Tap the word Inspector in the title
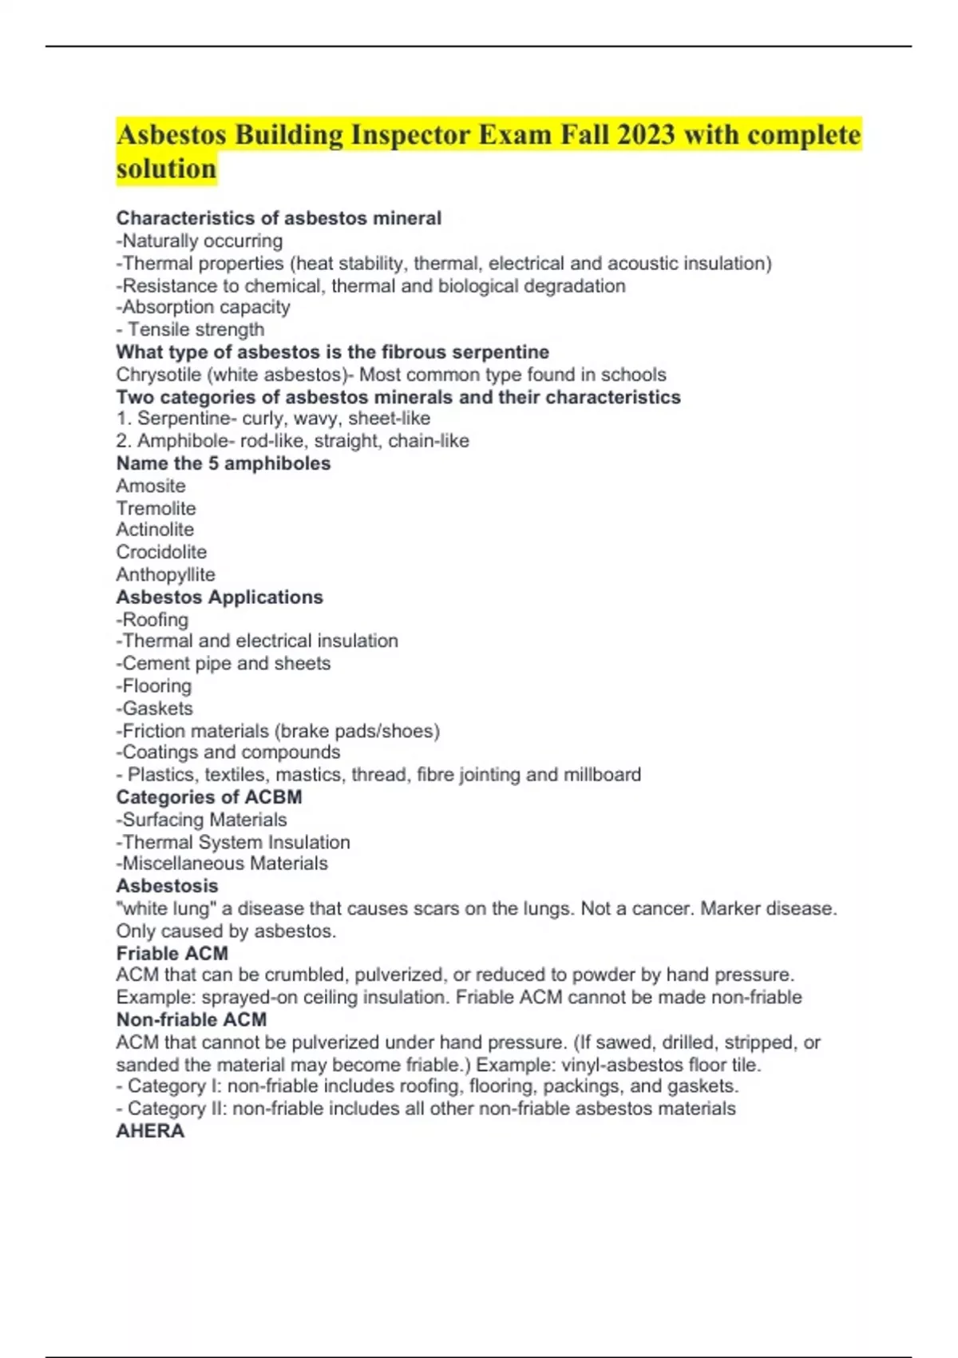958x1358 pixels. coord(410,134)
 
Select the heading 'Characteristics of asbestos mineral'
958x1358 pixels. coord(279,218)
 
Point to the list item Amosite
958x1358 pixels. coord(151,486)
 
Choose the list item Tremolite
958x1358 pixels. coord(156,508)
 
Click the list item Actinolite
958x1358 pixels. coord(155,530)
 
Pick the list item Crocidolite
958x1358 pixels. coord(161,552)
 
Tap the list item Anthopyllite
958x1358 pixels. coord(165,574)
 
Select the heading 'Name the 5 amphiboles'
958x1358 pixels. coord(224,463)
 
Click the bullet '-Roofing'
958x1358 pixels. coord(152,619)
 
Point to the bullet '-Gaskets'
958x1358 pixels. coord(154,708)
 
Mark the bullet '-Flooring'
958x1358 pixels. coord(154,685)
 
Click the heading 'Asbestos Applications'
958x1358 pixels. coord(220,597)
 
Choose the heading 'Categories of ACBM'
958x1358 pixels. coord(209,797)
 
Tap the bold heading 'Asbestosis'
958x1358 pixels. coord(167,886)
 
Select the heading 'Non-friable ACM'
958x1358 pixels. coord(192,1019)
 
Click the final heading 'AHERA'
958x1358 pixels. coord(150,1131)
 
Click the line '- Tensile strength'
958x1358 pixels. coord(190,330)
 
